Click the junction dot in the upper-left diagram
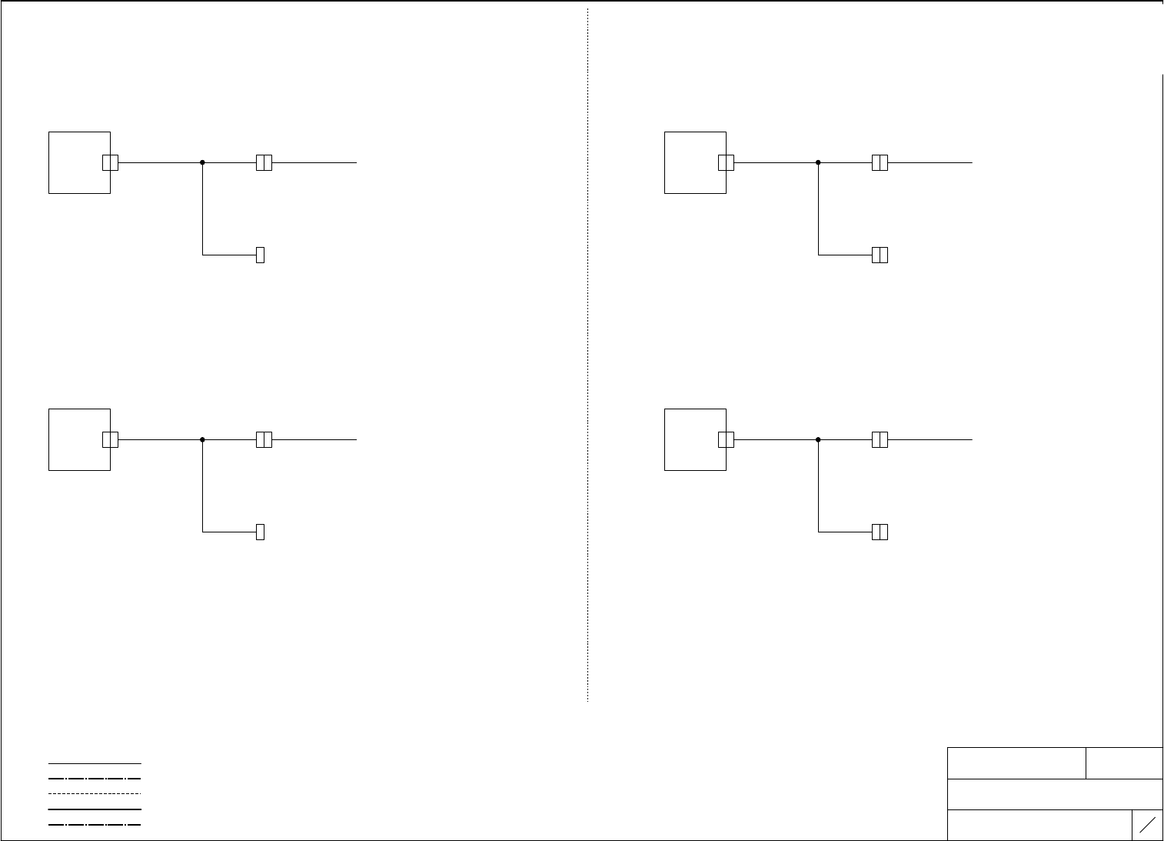tap(202, 162)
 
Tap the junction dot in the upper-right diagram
tap(818, 162)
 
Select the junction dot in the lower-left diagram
tap(202, 439)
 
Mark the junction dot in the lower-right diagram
tap(818, 439)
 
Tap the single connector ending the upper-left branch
tap(260, 255)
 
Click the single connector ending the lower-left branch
tap(260, 532)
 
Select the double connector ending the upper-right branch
tap(880, 255)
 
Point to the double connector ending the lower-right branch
tap(880, 532)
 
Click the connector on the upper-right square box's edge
tap(726, 162)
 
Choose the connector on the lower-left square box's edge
tap(110, 439)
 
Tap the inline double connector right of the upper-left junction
tap(264, 162)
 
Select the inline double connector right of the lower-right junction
tap(880, 439)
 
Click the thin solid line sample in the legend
tap(95, 763)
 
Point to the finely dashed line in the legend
tap(95, 793)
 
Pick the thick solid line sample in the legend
tap(95, 809)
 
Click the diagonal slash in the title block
tap(1147, 826)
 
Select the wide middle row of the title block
tap(1055, 794)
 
